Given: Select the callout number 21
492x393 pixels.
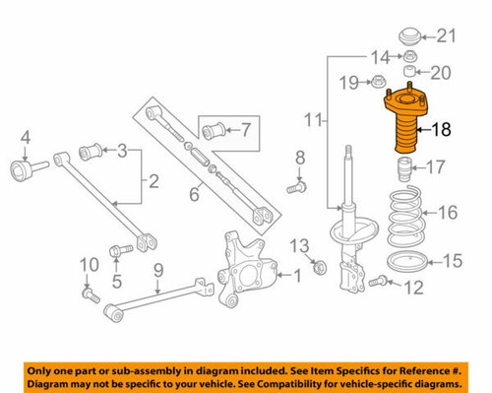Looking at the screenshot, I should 448,37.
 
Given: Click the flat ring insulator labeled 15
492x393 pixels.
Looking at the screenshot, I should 403,263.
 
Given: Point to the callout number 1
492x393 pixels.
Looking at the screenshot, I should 298,277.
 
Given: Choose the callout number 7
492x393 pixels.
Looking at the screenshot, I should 246,128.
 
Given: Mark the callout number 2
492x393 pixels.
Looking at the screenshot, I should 153,180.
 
